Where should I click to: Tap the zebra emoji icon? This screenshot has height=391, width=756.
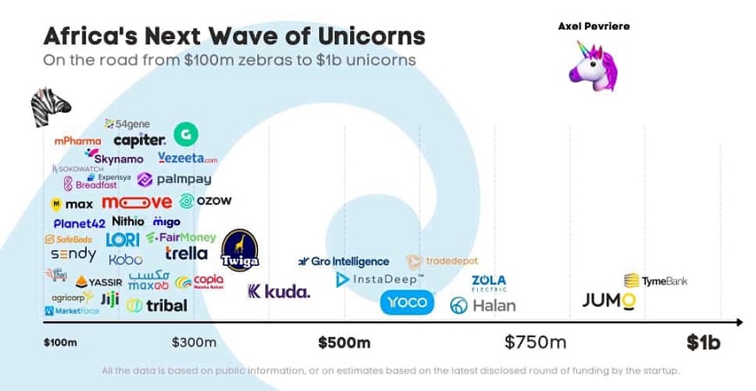click(50, 107)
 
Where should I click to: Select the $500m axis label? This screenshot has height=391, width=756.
click(343, 342)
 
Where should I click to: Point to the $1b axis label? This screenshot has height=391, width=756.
click(703, 342)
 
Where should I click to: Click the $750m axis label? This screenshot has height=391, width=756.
click(535, 342)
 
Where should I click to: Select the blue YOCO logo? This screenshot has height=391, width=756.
click(407, 302)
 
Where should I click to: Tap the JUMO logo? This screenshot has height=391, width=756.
click(608, 301)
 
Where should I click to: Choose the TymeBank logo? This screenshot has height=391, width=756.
click(656, 281)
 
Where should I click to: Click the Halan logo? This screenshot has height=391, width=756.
click(482, 305)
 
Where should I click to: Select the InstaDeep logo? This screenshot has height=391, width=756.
click(380, 279)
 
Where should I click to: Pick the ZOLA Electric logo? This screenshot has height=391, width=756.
click(488, 282)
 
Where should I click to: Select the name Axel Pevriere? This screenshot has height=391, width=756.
click(594, 26)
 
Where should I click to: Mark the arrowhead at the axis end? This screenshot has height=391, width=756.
click(739, 322)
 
